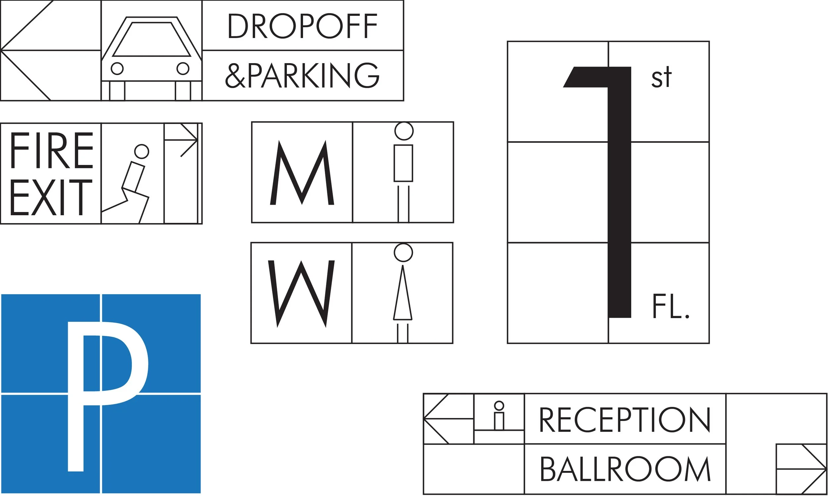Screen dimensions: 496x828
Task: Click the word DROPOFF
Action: [x=302, y=26]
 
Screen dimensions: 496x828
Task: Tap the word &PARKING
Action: [x=302, y=75]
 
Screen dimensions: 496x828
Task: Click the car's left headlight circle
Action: [x=117, y=68]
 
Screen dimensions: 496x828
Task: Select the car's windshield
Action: [x=152, y=39]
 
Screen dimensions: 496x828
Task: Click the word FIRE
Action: [x=51, y=150]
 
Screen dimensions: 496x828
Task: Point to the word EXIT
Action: [x=51, y=197]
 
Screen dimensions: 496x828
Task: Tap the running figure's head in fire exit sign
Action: [x=141, y=151]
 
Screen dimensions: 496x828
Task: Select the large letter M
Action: [x=302, y=173]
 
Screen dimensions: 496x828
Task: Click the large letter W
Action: [x=301, y=293]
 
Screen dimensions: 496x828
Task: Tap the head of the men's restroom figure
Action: [x=404, y=131]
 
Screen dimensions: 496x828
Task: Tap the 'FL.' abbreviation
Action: [x=670, y=307]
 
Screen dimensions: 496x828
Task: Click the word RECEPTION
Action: [x=625, y=420]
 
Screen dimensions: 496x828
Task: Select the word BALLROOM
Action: [x=625, y=469]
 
